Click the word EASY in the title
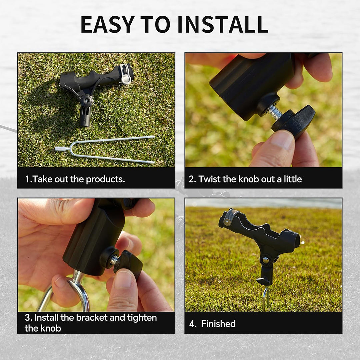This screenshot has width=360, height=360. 108,24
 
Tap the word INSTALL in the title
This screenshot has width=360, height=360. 223,24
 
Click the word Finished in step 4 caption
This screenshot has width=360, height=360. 218,324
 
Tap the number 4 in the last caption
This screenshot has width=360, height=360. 192,324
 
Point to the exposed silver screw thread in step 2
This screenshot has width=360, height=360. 275,112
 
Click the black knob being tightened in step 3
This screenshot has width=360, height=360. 128,264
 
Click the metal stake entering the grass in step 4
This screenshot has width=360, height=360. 265,299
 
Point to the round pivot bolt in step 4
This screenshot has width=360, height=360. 266,260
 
